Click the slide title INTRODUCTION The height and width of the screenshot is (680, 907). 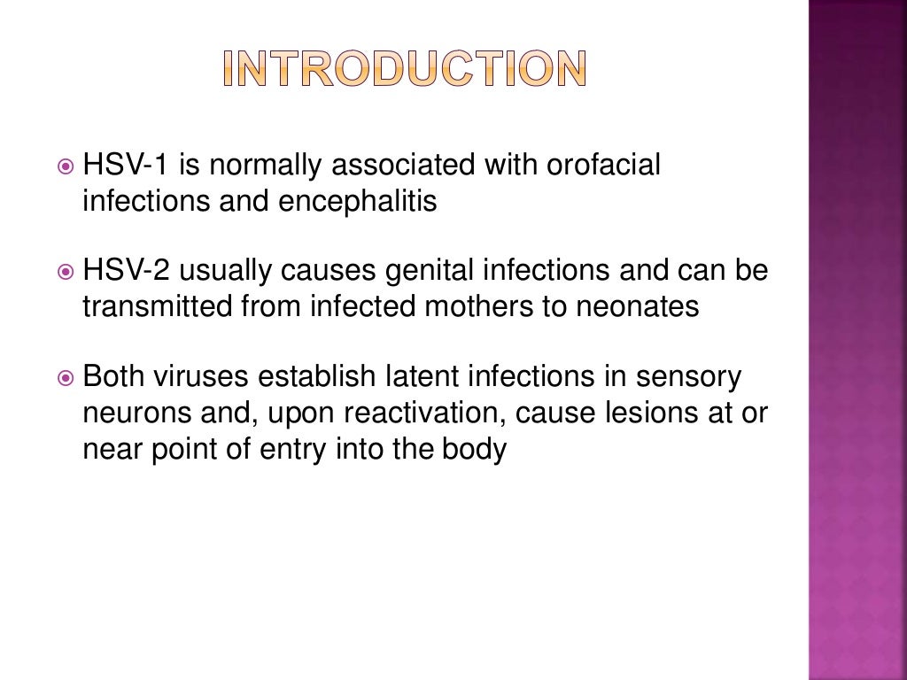coord(403,69)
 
